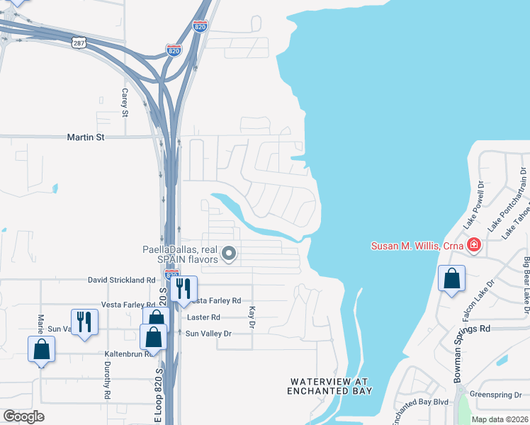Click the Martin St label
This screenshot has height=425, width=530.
tap(86, 137)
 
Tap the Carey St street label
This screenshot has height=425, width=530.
tap(125, 103)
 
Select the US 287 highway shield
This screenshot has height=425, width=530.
tap(78, 42)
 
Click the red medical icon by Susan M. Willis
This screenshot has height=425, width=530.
tap(474, 246)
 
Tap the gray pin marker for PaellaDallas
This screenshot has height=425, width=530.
tap(229, 253)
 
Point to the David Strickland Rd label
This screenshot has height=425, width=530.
tap(121, 280)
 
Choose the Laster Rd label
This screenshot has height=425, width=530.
tap(203, 317)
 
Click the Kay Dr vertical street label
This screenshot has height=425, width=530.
tap(252, 317)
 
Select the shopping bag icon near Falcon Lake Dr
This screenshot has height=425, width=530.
tap(451, 279)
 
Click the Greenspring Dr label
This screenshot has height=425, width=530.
tap(496, 395)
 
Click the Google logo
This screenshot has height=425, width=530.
tap(23, 416)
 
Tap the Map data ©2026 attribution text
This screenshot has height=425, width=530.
tap(499, 419)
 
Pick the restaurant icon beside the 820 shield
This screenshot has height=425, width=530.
tap(184, 288)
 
